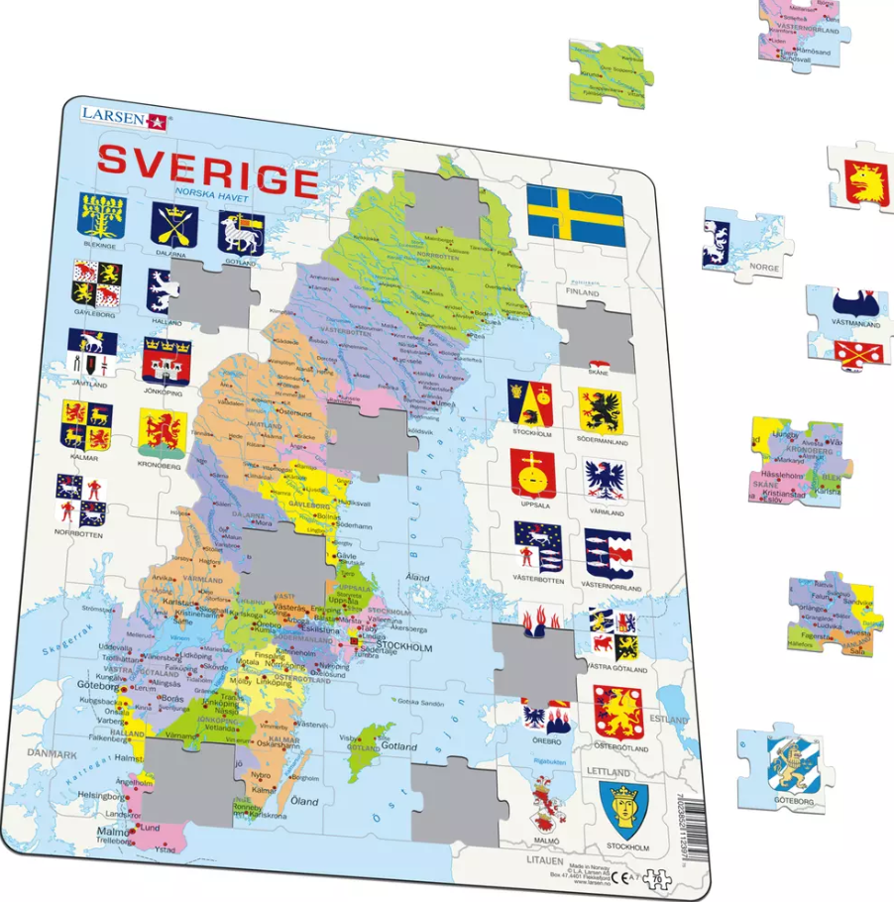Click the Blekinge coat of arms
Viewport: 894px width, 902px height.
(x=102, y=216)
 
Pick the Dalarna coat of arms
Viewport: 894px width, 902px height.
(x=173, y=226)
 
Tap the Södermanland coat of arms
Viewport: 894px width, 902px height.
(x=602, y=409)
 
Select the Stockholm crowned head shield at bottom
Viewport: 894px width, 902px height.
(x=624, y=810)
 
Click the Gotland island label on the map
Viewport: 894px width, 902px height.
(x=400, y=745)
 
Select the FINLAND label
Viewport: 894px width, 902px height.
(x=583, y=293)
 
